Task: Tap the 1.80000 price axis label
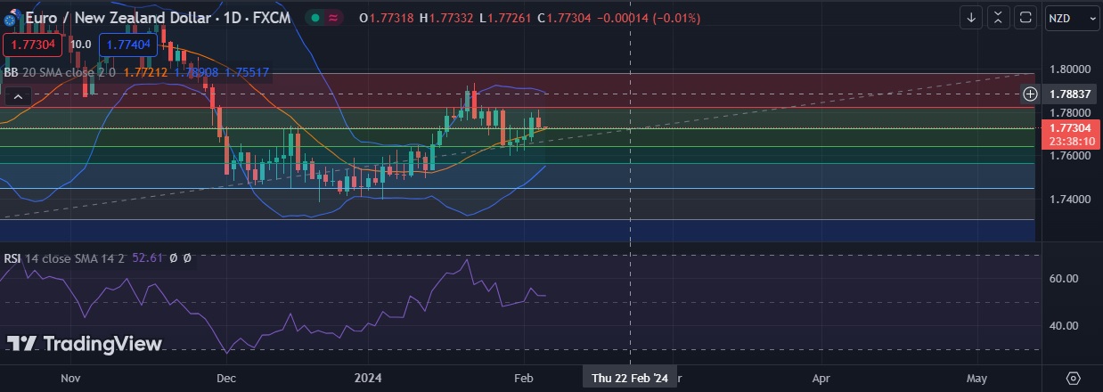coord(1069,69)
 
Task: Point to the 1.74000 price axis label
coord(1069,199)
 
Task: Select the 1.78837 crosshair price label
coord(1070,94)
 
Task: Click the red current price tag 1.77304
coord(1071,128)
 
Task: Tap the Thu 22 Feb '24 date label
coord(630,378)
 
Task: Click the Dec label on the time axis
coord(226,378)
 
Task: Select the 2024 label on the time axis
coord(368,378)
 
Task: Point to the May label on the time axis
coord(976,378)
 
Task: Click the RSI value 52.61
coord(148,258)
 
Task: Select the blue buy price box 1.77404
coord(127,44)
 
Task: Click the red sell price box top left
coord(33,44)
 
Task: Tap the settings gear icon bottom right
coord(1073,378)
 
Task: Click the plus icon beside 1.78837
coord(1030,94)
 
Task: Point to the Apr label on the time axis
coord(821,378)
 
